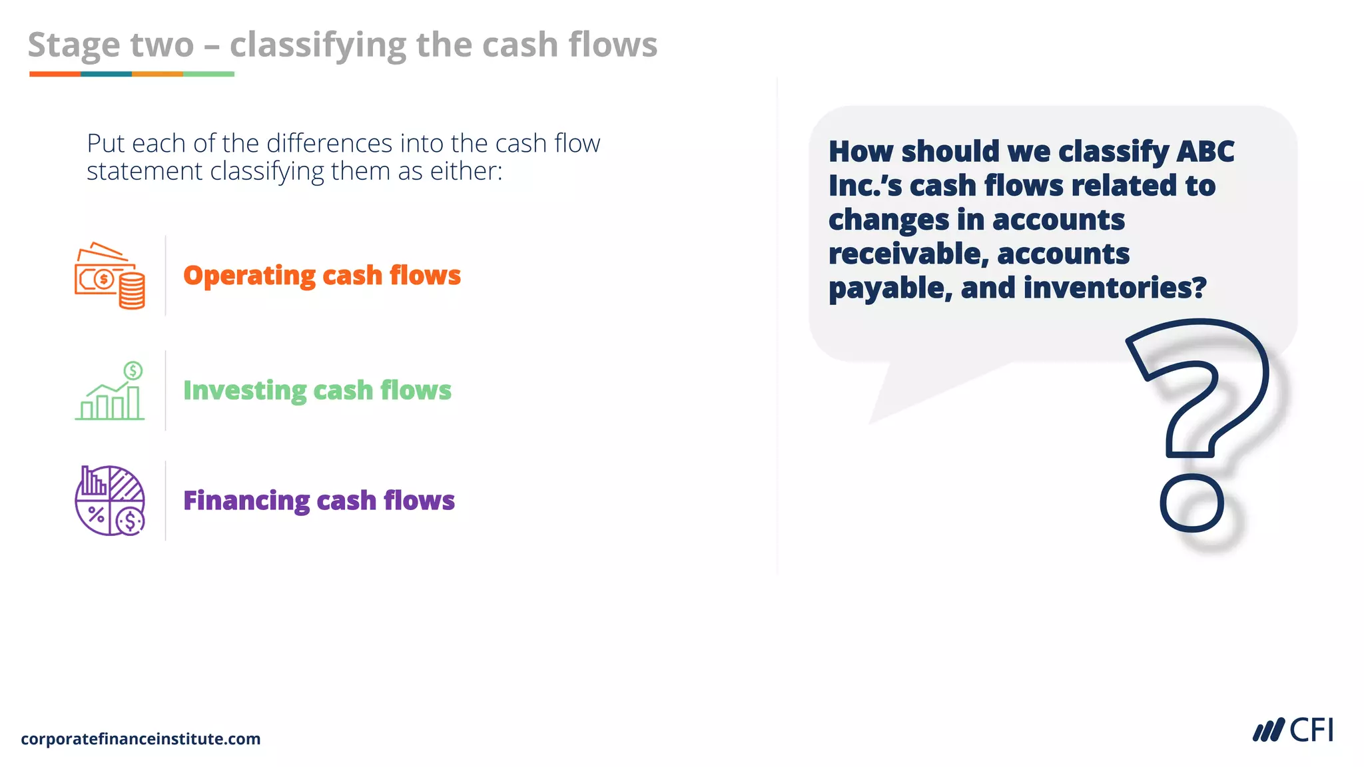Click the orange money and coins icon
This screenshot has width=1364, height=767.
pyautogui.click(x=110, y=276)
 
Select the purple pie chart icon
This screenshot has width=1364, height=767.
pyautogui.click(x=110, y=501)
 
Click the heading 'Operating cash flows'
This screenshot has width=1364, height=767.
pyautogui.click(x=322, y=276)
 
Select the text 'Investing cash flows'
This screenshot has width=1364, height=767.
pyautogui.click(x=317, y=390)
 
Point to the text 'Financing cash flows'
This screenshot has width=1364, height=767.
pyautogui.click(x=318, y=501)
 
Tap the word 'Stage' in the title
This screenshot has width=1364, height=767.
pyautogui.click(x=74, y=45)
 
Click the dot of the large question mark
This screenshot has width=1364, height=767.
pyautogui.click(x=1192, y=503)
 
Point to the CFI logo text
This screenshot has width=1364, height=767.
pyautogui.click(x=1311, y=730)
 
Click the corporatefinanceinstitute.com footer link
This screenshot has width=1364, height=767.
pyautogui.click(x=141, y=739)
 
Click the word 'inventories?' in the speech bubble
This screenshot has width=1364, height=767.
pyautogui.click(x=1114, y=288)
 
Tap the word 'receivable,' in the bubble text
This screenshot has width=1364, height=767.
pyautogui.click(x=907, y=254)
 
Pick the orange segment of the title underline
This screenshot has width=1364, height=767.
pyautogui.click(x=55, y=74)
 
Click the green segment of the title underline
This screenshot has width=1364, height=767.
pyautogui.click(x=208, y=74)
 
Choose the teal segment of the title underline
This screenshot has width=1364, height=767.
pyautogui.click(x=106, y=74)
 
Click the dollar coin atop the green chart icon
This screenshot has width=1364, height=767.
pyautogui.click(x=133, y=370)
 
